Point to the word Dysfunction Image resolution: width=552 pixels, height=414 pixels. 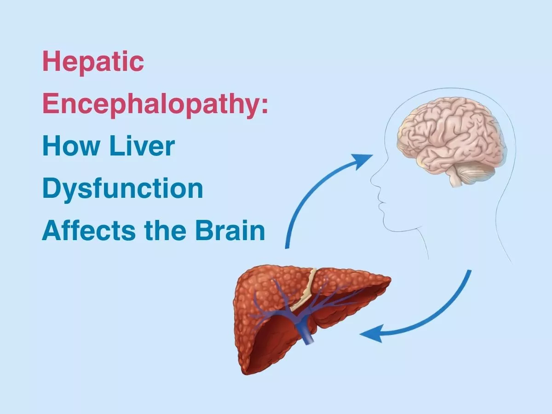[x=122, y=189]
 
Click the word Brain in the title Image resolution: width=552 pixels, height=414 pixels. [x=230, y=230]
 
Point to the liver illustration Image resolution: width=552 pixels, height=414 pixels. [x=294, y=313]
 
